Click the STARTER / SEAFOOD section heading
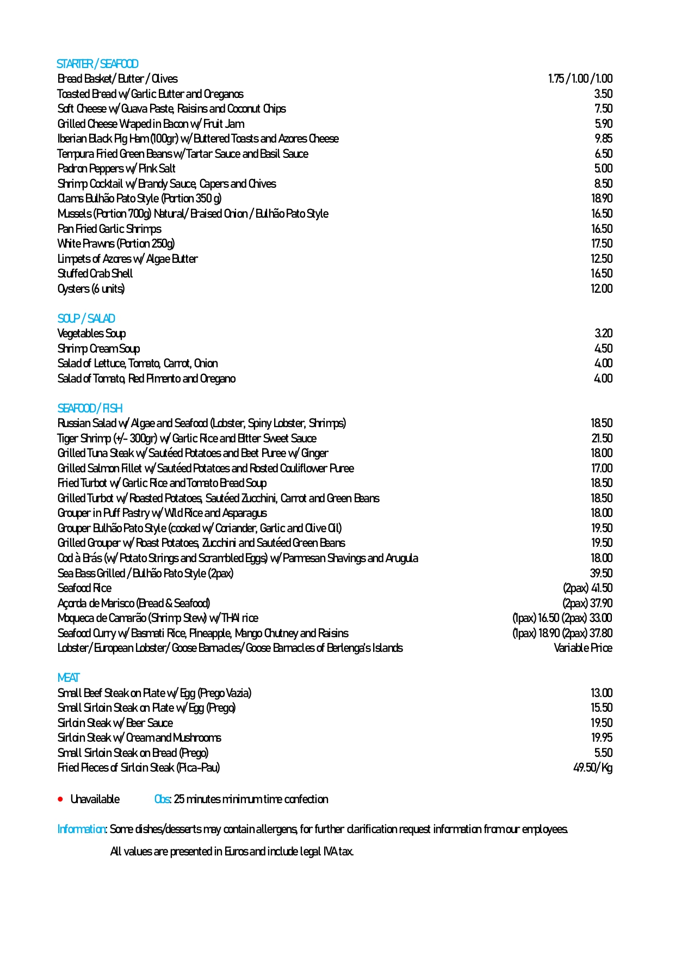(97, 64)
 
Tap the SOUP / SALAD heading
(86, 318)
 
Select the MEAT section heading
(69, 677)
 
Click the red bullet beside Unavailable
(60, 799)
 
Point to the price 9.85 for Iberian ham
(603, 139)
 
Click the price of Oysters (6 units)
(602, 288)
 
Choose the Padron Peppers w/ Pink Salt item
(116, 169)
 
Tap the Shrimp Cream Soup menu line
(98, 348)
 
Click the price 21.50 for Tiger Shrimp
(602, 438)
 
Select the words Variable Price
(583, 648)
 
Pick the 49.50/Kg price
(593, 767)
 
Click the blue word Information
(82, 829)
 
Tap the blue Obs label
(162, 799)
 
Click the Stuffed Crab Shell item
(95, 273)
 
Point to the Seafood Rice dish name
(84, 588)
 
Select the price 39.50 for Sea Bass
(601, 573)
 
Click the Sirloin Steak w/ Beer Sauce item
(115, 723)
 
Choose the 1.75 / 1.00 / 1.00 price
(580, 79)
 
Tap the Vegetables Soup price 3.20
(603, 333)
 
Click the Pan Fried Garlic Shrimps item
(109, 229)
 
